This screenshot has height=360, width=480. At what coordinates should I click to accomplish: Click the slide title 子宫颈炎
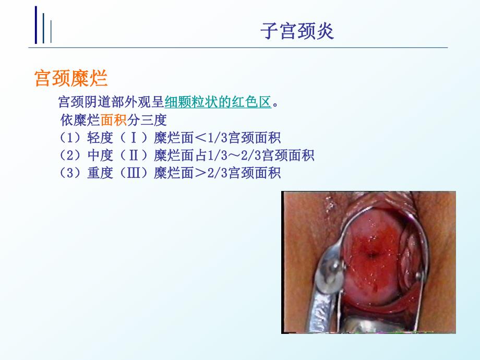[297, 32]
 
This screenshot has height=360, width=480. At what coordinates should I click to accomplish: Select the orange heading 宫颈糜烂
[70, 79]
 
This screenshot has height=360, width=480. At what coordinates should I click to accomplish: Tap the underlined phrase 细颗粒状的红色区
[218, 102]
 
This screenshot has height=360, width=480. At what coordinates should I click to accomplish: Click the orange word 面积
[114, 121]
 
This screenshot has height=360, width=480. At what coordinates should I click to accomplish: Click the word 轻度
[99, 138]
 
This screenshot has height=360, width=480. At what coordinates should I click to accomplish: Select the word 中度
[99, 155]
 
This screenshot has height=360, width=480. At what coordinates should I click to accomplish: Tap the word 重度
[99, 173]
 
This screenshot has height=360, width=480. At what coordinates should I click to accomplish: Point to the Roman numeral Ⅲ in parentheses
[134, 173]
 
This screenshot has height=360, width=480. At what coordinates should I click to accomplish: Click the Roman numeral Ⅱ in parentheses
[134, 155]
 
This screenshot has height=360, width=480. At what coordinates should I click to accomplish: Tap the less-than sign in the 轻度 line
[201, 138]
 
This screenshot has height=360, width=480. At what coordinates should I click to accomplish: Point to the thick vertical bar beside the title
[36, 25]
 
